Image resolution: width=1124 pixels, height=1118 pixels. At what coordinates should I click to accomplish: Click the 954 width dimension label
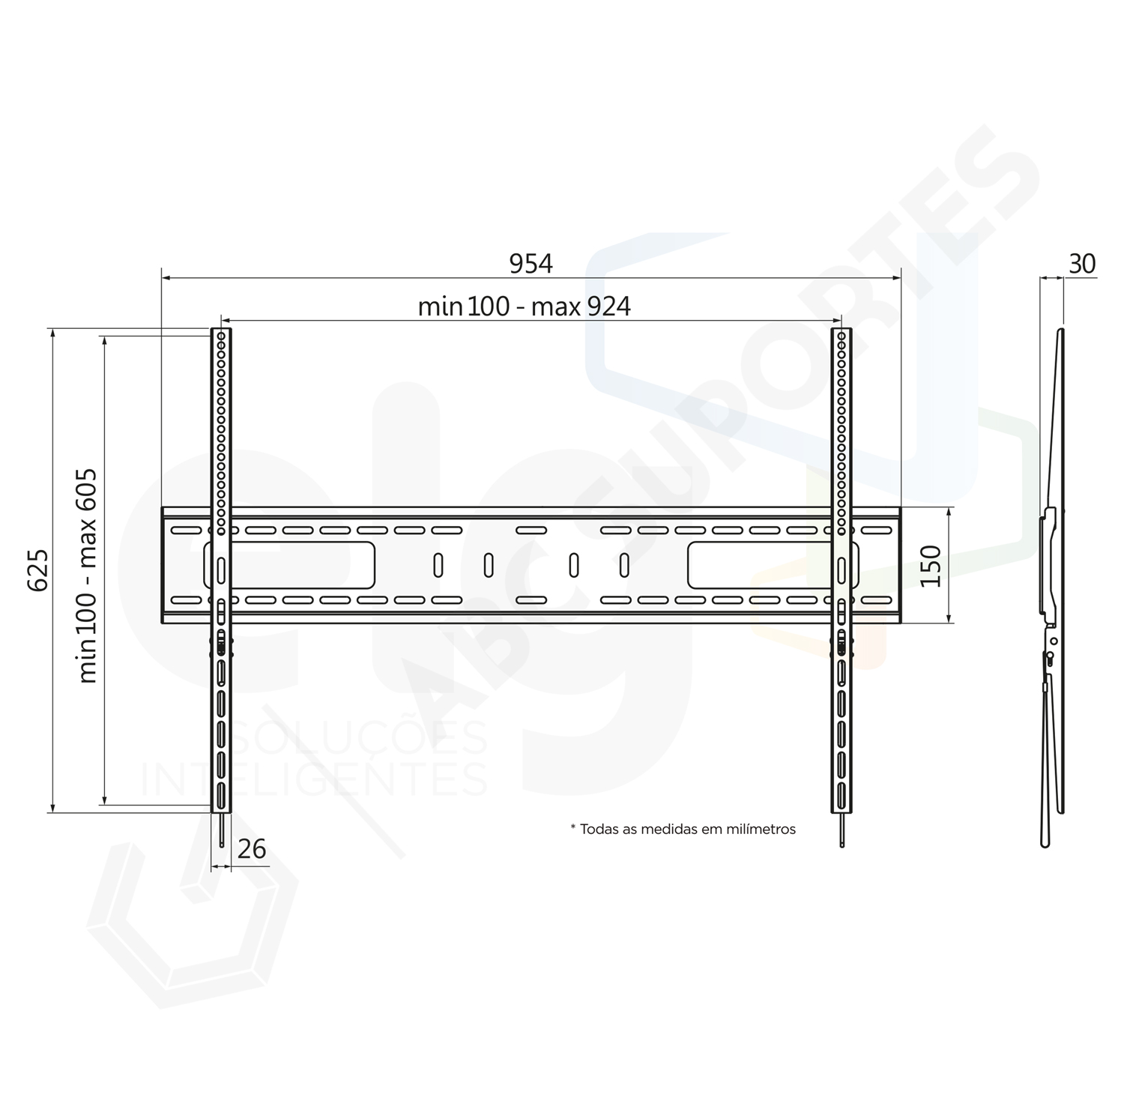[531, 264]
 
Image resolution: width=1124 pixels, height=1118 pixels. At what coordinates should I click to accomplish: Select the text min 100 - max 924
[524, 306]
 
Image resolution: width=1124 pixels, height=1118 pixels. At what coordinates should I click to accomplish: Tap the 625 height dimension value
[38, 569]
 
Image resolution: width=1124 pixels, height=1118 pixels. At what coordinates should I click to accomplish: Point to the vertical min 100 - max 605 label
[88, 575]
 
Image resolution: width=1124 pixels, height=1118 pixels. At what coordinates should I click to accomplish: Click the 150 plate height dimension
[930, 566]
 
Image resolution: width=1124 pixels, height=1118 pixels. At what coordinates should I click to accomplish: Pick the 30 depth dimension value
[1081, 264]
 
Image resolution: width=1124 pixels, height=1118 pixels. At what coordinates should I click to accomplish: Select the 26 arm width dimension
[252, 849]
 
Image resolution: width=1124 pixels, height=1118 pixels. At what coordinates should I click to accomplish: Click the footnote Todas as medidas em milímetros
[683, 829]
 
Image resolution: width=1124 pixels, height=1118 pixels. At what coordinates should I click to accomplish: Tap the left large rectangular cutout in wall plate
[300, 565]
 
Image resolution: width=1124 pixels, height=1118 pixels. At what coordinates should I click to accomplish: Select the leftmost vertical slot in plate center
[438, 565]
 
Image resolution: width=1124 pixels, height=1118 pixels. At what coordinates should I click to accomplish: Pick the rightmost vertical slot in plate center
[624, 565]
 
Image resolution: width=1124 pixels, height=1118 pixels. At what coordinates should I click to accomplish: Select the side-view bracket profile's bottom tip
[1047, 844]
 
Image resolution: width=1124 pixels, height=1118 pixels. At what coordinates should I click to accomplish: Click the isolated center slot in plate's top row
[531, 531]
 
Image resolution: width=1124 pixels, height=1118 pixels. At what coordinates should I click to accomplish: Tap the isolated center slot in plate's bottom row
[531, 600]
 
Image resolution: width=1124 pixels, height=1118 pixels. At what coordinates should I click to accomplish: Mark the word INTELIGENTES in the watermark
[315, 779]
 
